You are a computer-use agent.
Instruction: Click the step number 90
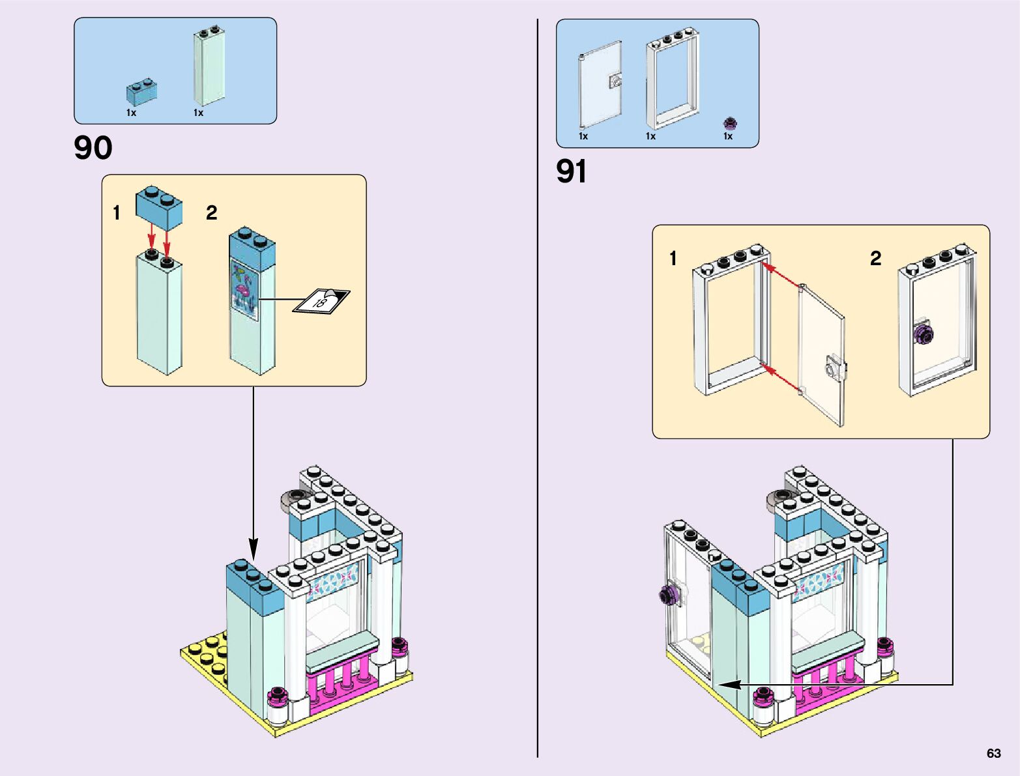point(93,149)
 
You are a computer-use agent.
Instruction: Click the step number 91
point(572,172)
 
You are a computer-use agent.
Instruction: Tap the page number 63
point(993,753)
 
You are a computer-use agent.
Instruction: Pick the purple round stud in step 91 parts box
point(731,123)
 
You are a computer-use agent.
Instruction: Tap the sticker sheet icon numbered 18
point(321,301)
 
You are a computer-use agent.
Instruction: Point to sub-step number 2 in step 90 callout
point(211,213)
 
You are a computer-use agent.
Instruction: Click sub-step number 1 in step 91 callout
point(673,259)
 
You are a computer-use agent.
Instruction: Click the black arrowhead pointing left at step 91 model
point(727,685)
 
